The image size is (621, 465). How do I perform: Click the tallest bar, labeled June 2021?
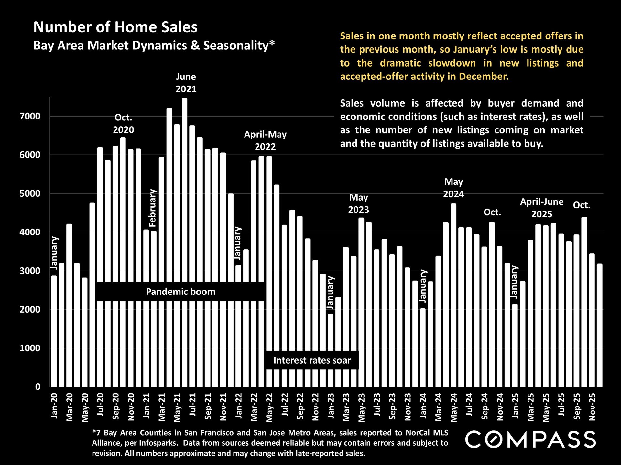click(x=185, y=194)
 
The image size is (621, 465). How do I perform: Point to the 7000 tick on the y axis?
click(x=30, y=116)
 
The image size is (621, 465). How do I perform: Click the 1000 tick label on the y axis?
click(x=30, y=348)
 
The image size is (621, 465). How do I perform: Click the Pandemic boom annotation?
click(x=180, y=292)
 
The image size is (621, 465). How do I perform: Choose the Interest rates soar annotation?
click(x=312, y=360)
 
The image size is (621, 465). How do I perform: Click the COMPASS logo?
click(x=530, y=439)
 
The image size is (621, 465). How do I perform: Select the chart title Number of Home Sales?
click(x=115, y=27)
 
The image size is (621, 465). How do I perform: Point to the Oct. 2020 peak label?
click(x=123, y=124)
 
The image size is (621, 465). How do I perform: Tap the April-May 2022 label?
click(x=265, y=140)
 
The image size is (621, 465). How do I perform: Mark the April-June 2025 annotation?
click(x=542, y=208)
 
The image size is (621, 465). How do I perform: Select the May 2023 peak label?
click(x=358, y=203)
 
